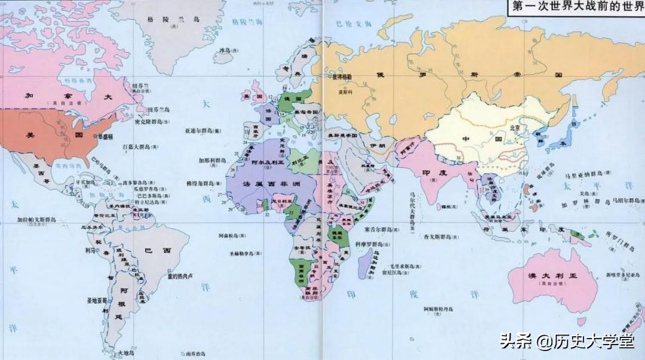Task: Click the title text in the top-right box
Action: pos(575,8)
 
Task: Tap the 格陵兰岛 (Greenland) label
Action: pos(173,19)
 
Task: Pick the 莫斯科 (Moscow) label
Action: pos(345,92)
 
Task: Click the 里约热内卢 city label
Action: pos(179,276)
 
